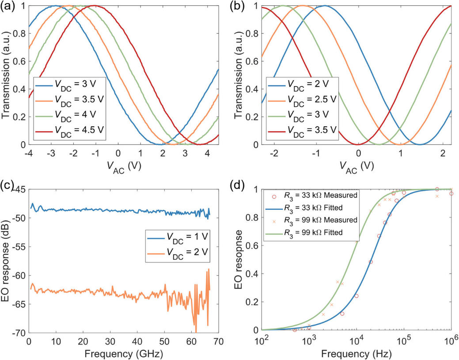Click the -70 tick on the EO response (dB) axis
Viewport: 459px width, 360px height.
click(x=20, y=333)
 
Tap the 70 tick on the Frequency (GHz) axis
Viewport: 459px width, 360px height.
click(x=219, y=341)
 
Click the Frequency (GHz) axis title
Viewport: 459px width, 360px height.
click(x=124, y=353)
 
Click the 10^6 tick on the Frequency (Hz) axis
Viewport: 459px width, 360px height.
click(x=451, y=341)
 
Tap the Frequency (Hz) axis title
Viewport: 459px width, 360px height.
click(x=356, y=353)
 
